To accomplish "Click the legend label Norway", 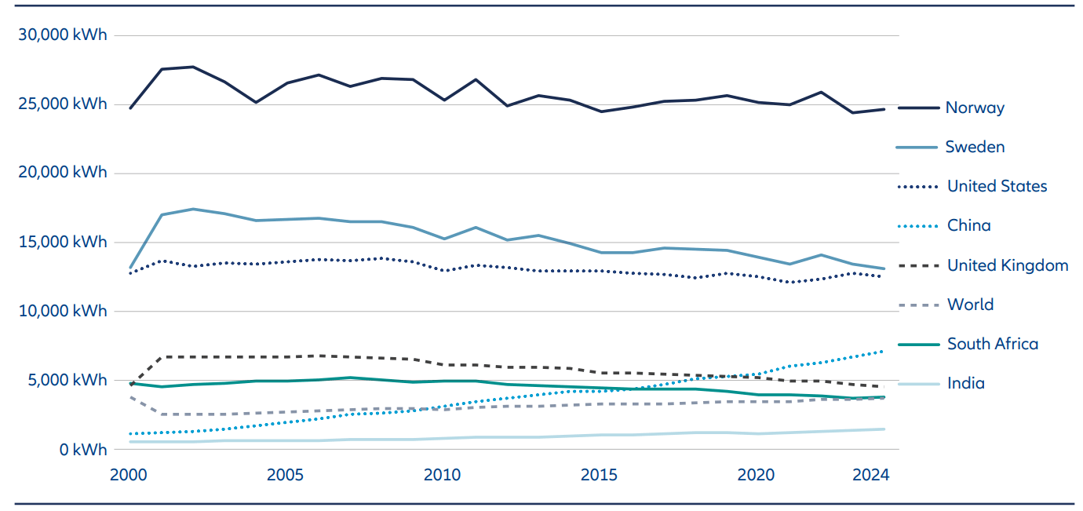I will (975, 108).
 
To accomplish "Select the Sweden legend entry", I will (975, 147).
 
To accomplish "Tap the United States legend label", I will (997, 186).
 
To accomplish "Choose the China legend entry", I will (968, 225).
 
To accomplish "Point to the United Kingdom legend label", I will (1008, 265).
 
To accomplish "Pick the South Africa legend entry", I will (992, 344).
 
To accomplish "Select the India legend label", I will (965, 383).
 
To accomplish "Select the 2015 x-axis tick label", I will (598, 475).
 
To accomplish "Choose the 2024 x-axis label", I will (870, 475).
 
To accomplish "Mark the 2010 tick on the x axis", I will (442, 475).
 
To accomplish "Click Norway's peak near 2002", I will (193, 67).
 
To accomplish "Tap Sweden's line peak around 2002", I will (193, 209).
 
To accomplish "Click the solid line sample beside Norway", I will (918, 108).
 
